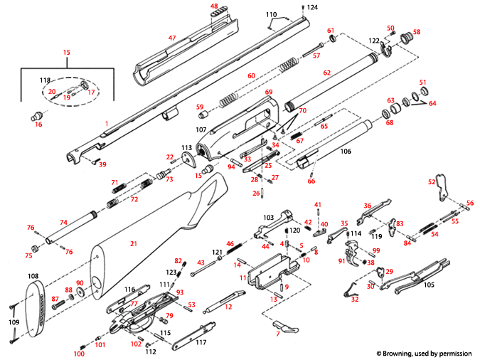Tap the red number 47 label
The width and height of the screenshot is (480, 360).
click(171, 37)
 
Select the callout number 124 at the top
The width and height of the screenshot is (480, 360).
click(314, 7)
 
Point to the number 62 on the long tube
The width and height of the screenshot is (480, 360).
click(327, 73)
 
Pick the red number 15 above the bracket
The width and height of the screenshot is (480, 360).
click(67, 53)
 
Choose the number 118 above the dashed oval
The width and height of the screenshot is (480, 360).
click(45, 80)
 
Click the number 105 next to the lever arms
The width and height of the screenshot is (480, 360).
click(428, 285)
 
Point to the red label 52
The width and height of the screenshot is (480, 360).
click(431, 181)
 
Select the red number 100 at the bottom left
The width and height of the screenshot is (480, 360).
click(79, 354)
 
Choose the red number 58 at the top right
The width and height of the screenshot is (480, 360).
click(417, 32)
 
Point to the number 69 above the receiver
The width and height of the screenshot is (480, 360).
click(269, 92)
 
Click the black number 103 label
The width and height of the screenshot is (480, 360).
click(268, 217)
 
